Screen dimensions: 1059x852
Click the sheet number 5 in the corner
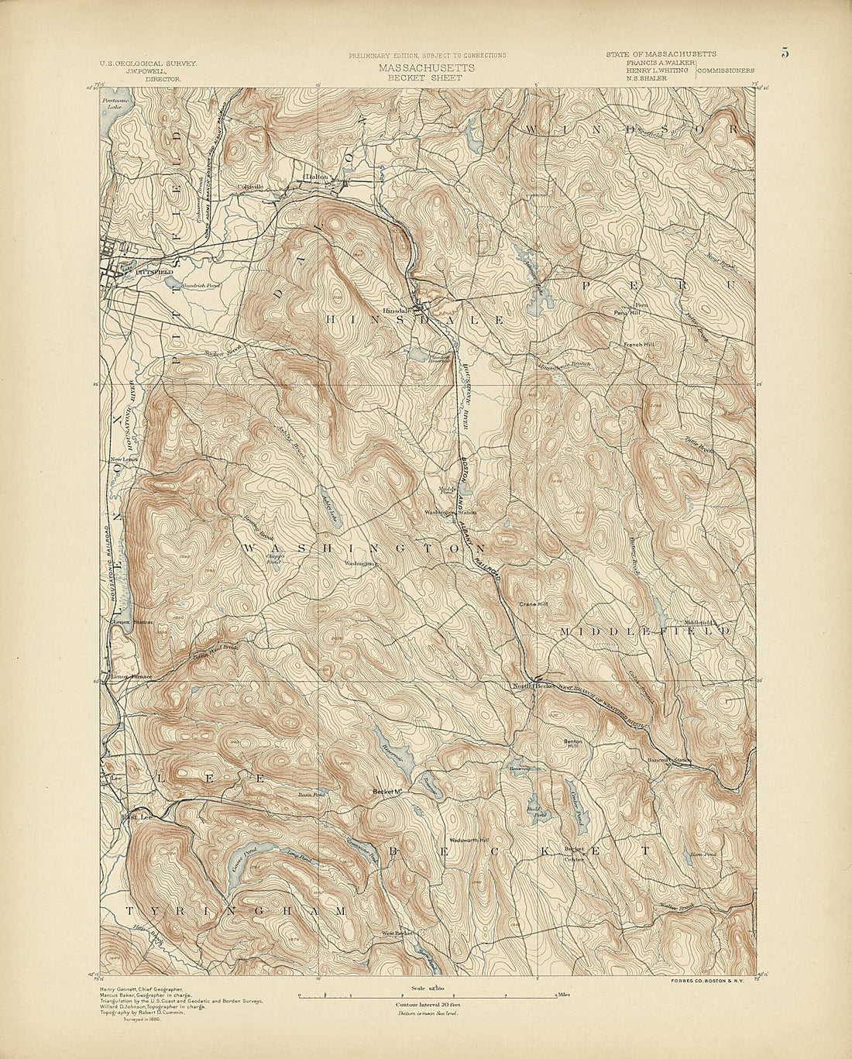[785, 53]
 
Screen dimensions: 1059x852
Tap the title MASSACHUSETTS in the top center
[427, 67]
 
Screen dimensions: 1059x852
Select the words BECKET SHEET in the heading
[427, 77]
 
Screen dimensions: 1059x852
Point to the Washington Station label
[450, 513]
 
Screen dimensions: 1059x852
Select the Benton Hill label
[572, 743]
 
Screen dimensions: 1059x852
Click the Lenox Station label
[132, 622]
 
